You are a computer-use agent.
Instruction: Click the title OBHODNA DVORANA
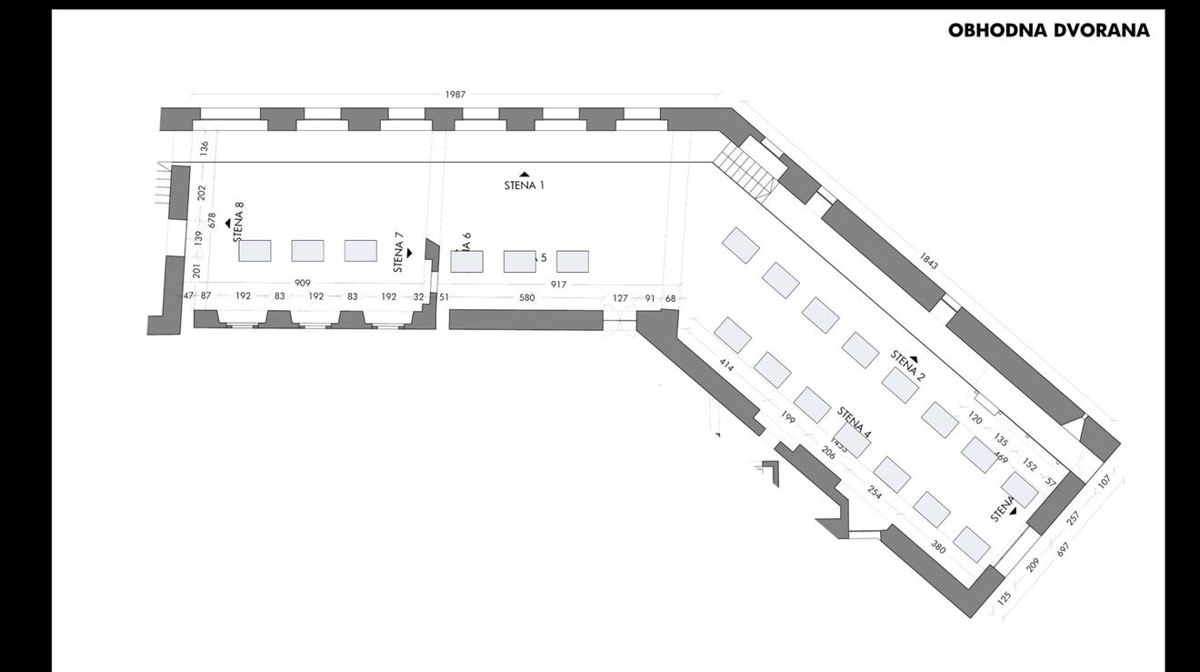(x=1048, y=30)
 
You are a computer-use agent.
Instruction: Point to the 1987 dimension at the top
(x=455, y=95)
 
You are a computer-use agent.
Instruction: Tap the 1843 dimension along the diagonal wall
(x=928, y=261)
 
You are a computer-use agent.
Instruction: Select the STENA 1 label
(x=525, y=186)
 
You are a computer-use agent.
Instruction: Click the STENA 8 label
(x=239, y=221)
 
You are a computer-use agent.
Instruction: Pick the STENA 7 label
(x=398, y=252)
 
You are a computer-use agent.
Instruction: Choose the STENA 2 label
(x=907, y=366)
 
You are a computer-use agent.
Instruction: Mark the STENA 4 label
(x=854, y=422)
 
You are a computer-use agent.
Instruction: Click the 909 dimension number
(x=303, y=283)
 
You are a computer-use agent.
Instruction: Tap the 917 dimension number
(x=558, y=285)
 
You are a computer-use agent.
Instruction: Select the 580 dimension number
(x=527, y=297)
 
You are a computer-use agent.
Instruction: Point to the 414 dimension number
(x=726, y=365)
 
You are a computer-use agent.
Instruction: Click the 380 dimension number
(x=938, y=547)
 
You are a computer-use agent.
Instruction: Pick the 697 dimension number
(x=1063, y=549)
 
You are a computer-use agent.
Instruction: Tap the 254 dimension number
(x=875, y=492)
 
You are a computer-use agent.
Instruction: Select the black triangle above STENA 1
(x=525, y=175)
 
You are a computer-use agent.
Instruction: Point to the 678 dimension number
(x=212, y=220)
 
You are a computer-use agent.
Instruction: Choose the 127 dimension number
(x=620, y=298)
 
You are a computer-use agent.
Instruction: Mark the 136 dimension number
(x=205, y=146)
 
